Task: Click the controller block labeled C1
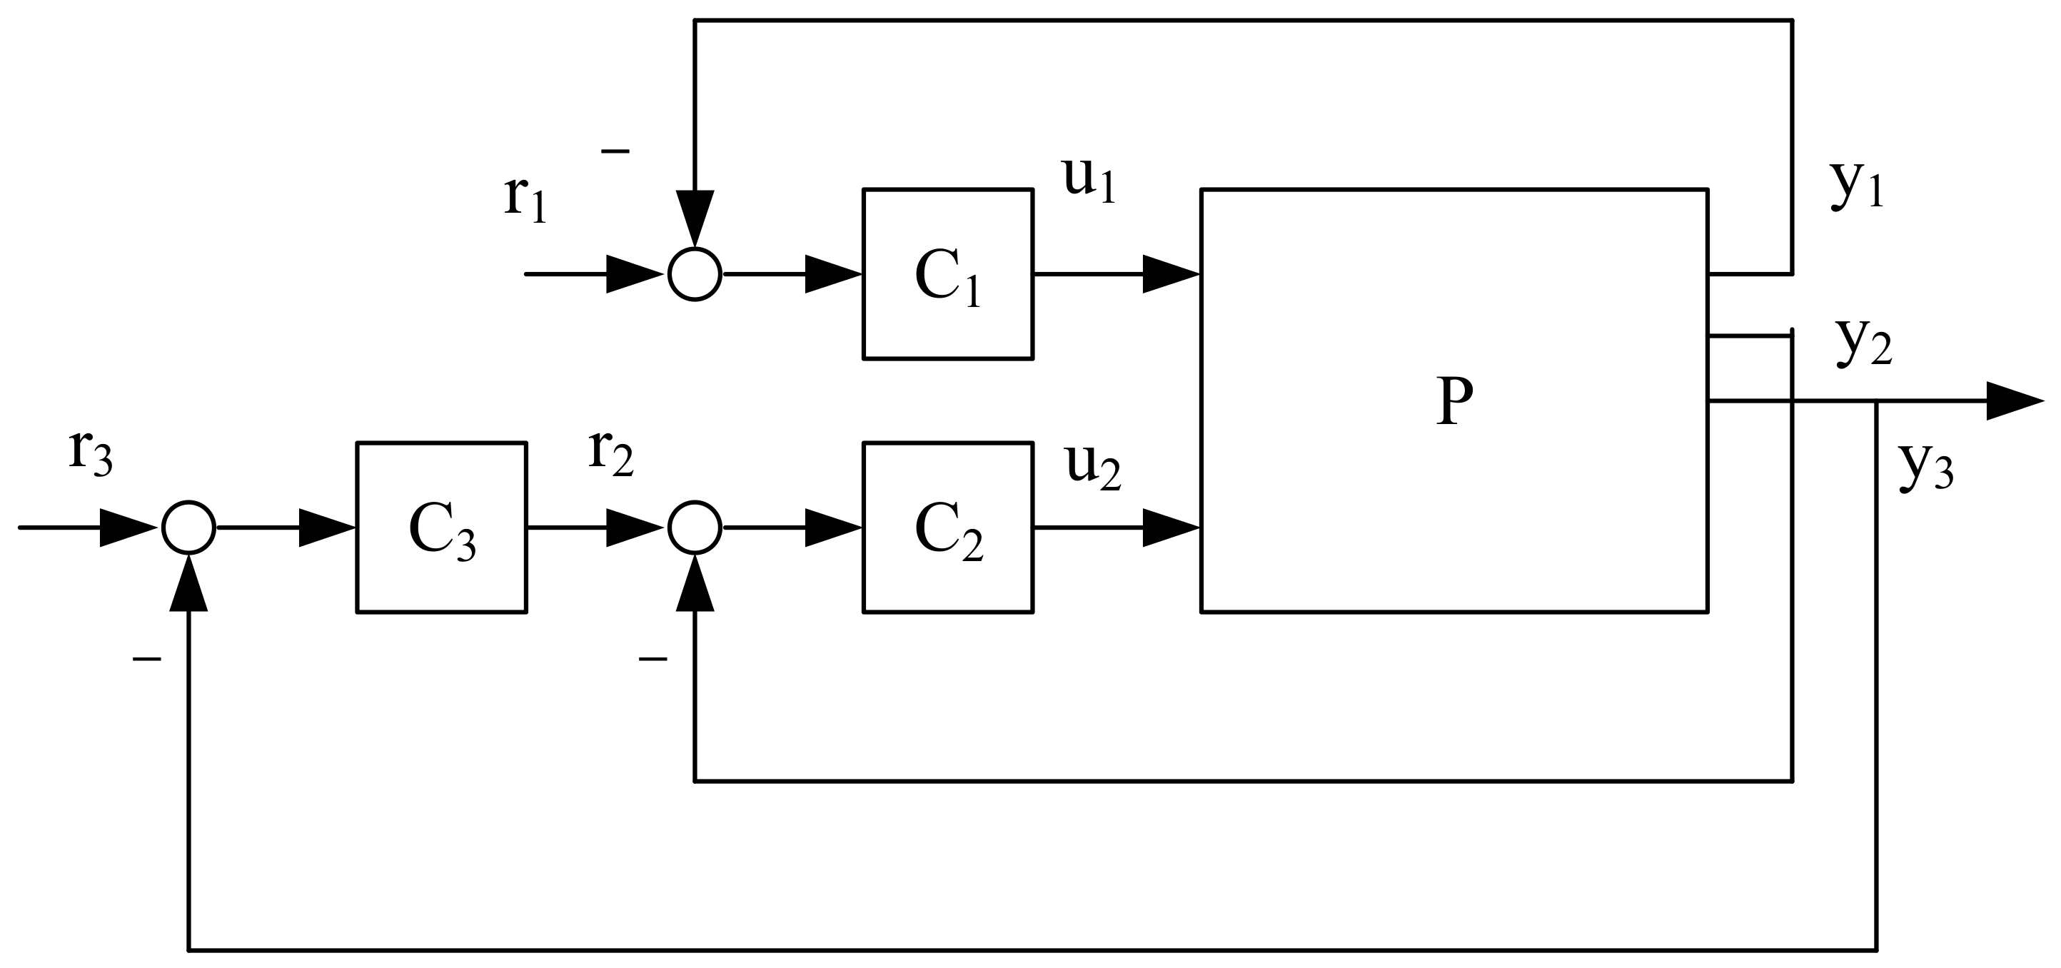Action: tap(947, 273)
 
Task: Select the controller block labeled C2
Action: tap(947, 528)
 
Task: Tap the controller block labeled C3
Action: tap(441, 528)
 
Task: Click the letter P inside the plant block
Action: tap(1453, 403)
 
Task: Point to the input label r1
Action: tap(525, 197)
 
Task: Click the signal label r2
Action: tap(610, 452)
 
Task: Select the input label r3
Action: tap(91, 452)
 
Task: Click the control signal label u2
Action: tap(1093, 466)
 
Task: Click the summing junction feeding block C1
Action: tap(695, 273)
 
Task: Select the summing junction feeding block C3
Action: tap(188, 528)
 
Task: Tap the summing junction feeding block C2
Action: tap(695, 528)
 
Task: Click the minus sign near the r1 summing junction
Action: tap(615, 151)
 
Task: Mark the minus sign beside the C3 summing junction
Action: tap(147, 659)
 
